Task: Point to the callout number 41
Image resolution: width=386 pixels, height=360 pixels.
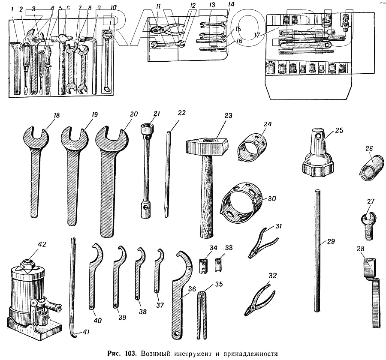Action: (86, 333)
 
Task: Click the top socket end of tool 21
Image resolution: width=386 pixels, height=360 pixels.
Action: (147, 127)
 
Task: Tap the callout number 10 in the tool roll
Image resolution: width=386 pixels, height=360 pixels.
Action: (112, 7)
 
